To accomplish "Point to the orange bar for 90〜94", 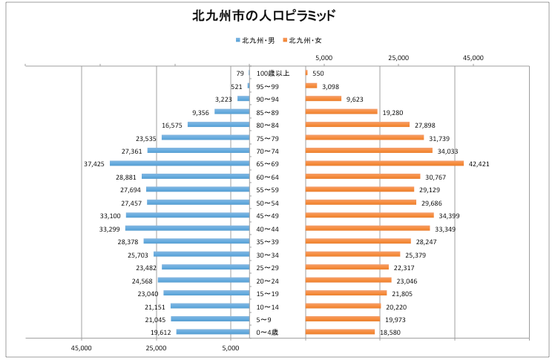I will (324, 99).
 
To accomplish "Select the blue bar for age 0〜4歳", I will (213, 332).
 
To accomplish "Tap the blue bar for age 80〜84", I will (218, 125).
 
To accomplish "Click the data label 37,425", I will (94, 163).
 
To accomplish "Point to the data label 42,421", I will (479, 163).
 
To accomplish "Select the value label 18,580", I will (390, 333).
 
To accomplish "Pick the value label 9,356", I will (200, 112).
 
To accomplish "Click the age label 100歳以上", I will (273, 73).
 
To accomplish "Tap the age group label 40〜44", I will (267, 229).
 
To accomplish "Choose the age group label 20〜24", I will (267, 281).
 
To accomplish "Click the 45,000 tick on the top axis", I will (473, 57).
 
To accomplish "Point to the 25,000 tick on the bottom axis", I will (157, 347).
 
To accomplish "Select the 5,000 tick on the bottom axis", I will (231, 347).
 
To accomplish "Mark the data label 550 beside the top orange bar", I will (318, 73).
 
